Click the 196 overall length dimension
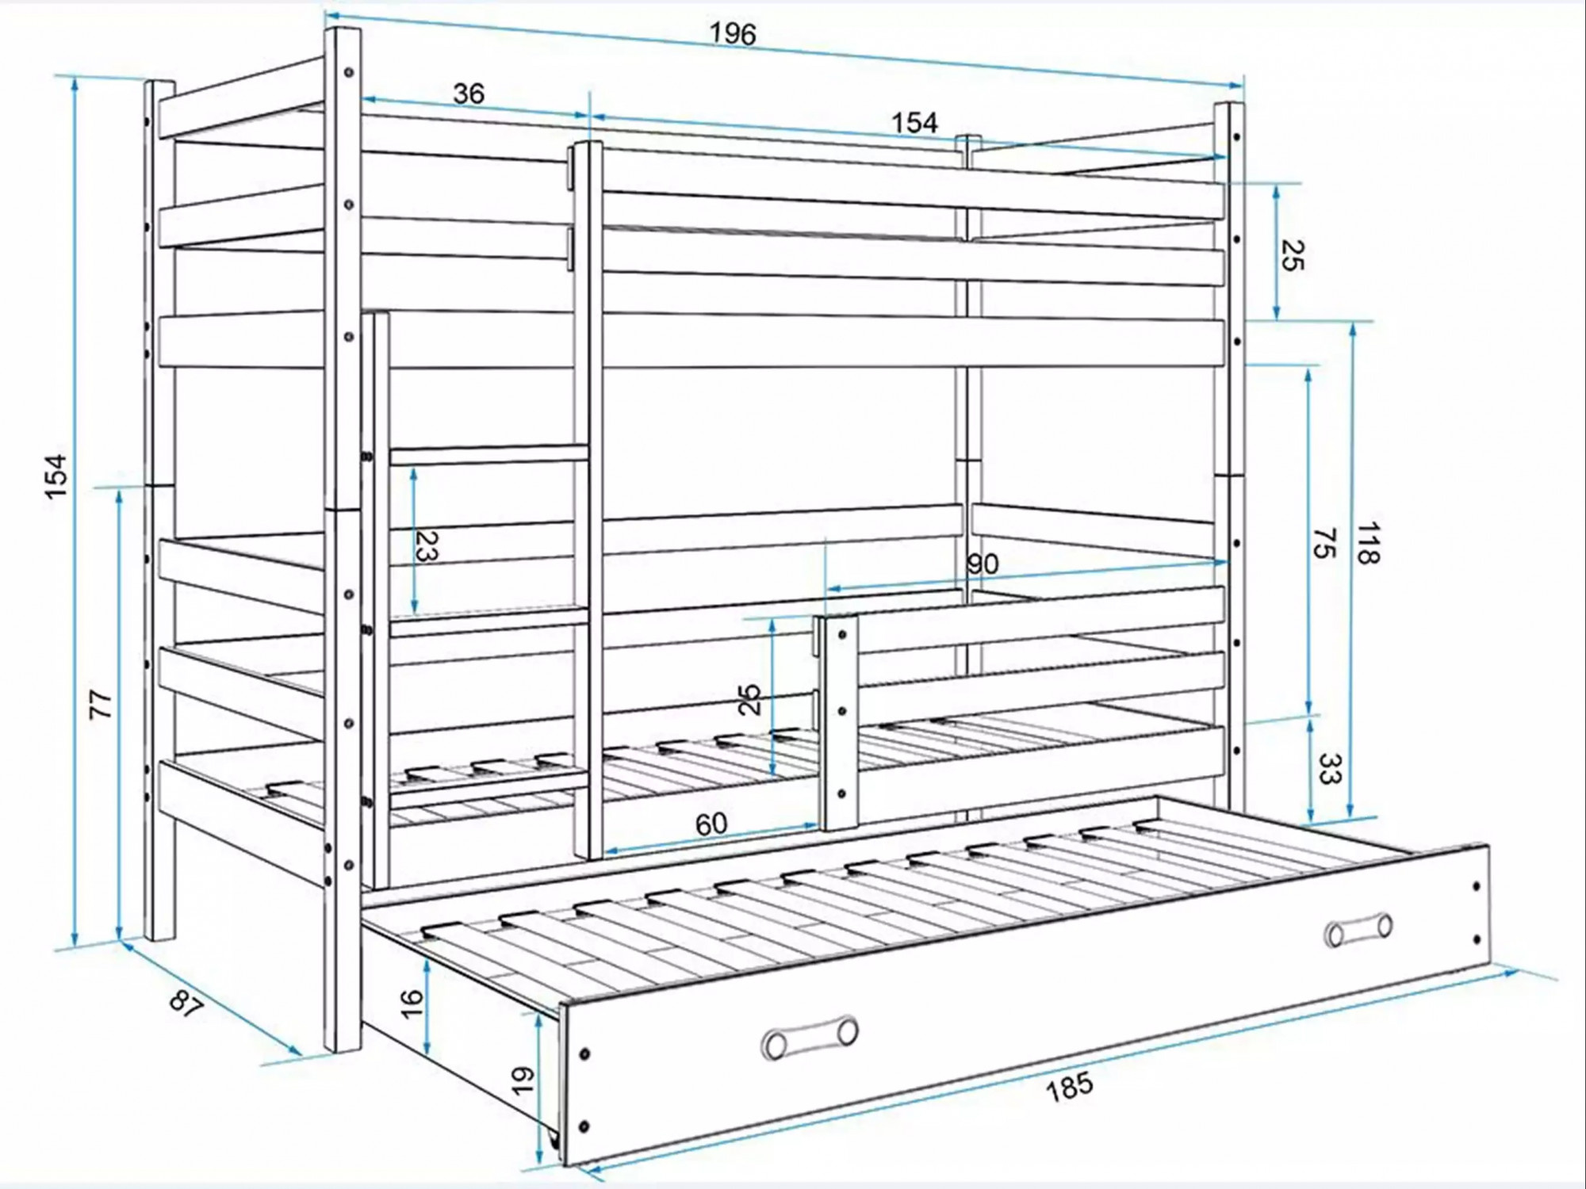[733, 34]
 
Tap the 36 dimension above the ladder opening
[469, 94]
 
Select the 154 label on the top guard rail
[914, 123]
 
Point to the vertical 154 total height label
[56, 476]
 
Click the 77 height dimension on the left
[101, 705]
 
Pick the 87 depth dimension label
[186, 1005]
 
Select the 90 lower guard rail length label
[983, 564]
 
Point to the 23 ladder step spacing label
[427, 545]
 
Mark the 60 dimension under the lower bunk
[711, 824]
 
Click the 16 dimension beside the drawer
[412, 1004]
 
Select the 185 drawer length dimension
[1069, 1086]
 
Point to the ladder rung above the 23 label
[488, 455]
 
